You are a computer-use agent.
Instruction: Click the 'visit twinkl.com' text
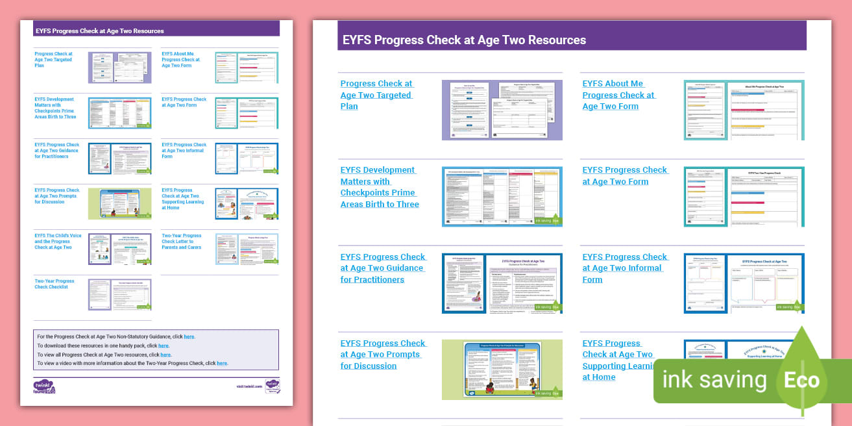tap(249, 386)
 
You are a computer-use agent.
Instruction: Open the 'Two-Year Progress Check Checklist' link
tap(55, 284)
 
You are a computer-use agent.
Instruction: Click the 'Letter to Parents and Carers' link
tap(182, 242)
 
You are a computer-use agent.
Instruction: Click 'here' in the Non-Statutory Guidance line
tap(189, 337)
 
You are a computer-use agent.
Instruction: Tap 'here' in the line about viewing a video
tap(222, 364)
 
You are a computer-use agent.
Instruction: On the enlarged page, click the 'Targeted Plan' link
tap(376, 95)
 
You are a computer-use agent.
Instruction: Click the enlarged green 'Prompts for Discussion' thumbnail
tap(502, 369)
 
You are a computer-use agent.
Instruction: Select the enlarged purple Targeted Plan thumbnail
tap(502, 110)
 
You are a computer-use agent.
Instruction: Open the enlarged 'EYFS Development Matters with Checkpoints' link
tap(380, 187)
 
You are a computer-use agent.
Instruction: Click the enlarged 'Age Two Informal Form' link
tap(624, 268)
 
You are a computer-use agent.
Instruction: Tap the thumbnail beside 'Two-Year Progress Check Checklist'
tap(119, 294)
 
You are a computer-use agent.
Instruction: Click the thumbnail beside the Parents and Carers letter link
tap(247, 249)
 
